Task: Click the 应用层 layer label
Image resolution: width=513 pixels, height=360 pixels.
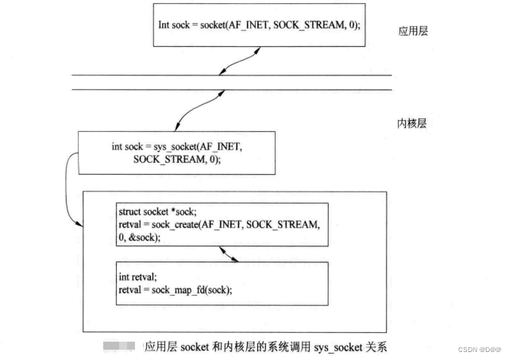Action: [x=413, y=33]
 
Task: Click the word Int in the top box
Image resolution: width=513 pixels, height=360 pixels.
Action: [x=164, y=25]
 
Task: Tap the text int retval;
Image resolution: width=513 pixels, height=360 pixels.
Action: [x=136, y=277]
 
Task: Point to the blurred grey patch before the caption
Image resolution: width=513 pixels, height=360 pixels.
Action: [x=120, y=347]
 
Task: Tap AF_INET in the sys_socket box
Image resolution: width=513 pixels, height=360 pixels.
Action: [x=230, y=147]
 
